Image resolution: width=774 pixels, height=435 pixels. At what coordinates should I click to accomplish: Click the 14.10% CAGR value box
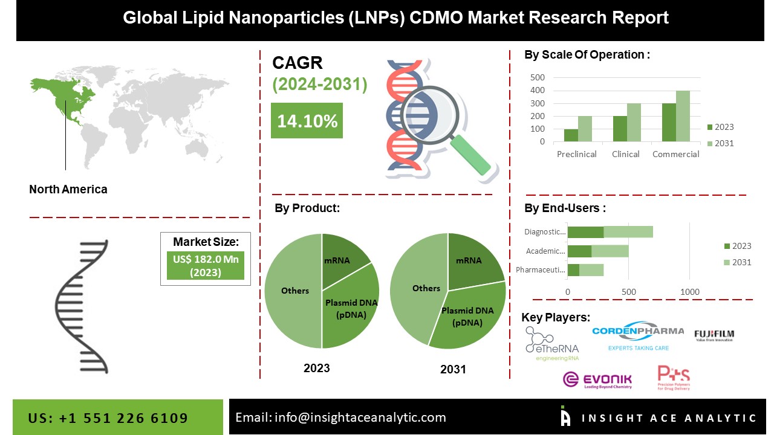click(x=307, y=121)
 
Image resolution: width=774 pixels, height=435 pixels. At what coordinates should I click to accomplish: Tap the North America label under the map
click(x=68, y=189)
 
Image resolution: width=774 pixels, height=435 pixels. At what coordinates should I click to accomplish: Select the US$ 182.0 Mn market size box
click(x=205, y=266)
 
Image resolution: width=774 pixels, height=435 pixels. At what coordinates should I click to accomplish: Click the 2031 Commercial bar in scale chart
click(x=683, y=116)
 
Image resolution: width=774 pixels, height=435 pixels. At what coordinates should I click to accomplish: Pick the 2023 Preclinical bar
click(x=570, y=135)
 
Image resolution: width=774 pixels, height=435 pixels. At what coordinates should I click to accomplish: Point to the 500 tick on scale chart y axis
click(x=538, y=77)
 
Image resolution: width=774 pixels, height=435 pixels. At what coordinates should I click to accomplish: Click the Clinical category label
click(x=625, y=154)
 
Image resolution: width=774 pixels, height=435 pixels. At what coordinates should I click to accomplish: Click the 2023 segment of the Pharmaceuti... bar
click(x=573, y=269)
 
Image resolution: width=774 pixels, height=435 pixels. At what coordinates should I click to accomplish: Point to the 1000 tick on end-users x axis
click(x=690, y=292)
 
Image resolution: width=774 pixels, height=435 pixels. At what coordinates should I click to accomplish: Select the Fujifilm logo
click(x=714, y=335)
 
